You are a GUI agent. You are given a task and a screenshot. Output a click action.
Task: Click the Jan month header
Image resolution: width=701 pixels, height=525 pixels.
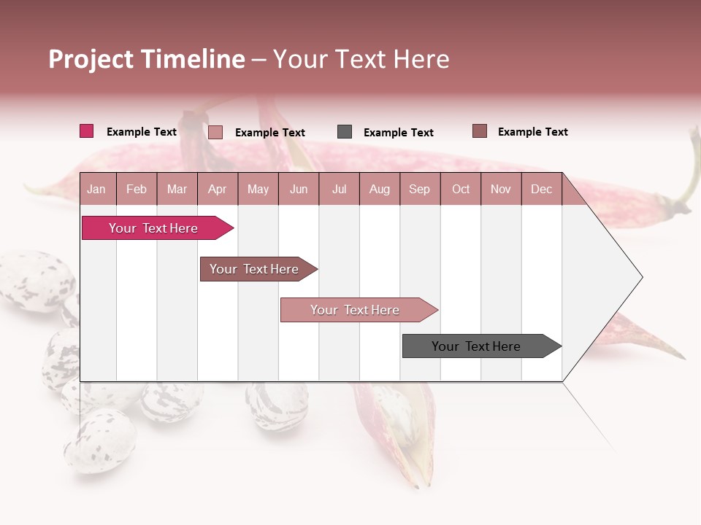[x=96, y=189]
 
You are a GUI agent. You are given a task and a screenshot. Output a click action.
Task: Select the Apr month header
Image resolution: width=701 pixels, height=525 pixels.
[x=217, y=189]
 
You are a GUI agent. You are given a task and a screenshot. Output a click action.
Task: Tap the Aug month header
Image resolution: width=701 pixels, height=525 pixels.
[x=379, y=189]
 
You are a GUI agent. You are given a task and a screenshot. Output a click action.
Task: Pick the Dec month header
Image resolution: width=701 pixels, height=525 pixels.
[x=541, y=189]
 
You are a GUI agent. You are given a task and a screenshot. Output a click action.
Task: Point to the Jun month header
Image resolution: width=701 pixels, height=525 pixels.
[x=298, y=189]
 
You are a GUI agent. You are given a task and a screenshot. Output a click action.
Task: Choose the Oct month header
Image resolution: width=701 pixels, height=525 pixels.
[x=461, y=189]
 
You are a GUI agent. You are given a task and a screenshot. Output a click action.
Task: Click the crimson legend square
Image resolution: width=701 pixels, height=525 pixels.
[x=86, y=131]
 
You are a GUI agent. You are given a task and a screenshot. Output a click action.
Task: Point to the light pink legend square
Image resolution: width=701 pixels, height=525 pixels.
[x=215, y=132]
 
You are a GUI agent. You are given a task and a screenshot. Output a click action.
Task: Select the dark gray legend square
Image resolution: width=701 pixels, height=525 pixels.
[x=345, y=132]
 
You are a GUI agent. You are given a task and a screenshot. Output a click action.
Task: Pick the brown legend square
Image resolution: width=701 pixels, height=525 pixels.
[x=479, y=131]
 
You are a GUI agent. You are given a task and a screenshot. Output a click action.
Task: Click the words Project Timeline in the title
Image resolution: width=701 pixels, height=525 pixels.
[x=147, y=59]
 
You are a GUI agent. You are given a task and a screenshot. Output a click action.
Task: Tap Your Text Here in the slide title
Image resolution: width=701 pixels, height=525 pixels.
[x=361, y=59]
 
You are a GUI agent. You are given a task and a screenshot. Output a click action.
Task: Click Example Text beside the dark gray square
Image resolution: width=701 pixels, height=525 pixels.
[x=398, y=132]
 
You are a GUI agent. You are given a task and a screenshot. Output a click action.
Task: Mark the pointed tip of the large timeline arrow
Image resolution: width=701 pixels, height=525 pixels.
[x=641, y=277]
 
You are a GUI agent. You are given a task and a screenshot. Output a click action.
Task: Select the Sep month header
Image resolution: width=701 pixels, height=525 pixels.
[x=419, y=189]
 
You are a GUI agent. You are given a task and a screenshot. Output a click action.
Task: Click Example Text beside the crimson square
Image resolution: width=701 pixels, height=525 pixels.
[x=141, y=131]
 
